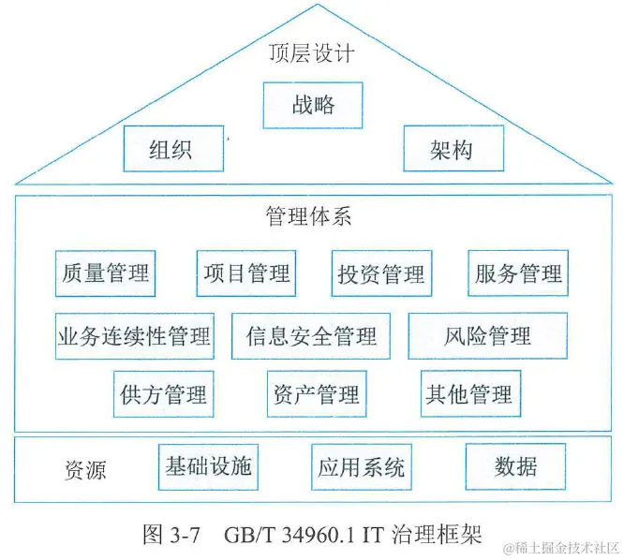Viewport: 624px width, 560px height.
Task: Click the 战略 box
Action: pos(312,105)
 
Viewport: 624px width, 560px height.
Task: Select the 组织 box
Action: pos(173,149)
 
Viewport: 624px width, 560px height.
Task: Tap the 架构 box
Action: pos(453,149)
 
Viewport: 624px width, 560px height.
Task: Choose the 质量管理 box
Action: pos(104,273)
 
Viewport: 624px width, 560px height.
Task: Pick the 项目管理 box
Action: pos(246,273)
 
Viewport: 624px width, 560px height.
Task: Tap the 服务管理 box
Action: pos(518,273)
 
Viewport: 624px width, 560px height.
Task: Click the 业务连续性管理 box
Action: pos(134,335)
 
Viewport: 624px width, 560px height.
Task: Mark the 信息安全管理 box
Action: pos(311,335)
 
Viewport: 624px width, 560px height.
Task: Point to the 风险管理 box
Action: pos(487,335)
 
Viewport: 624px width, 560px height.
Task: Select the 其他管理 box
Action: pos(469,393)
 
